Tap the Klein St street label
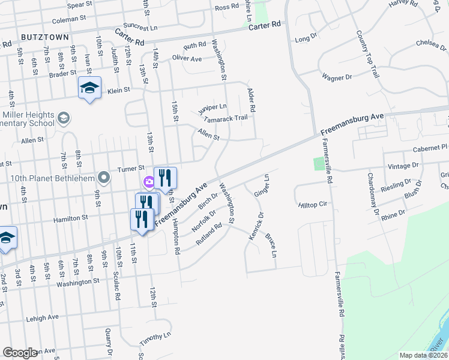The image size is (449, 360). tap(118, 90)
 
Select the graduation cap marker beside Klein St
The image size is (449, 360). tap(89, 88)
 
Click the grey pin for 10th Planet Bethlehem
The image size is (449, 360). tap(104, 177)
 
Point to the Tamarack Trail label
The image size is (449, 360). tap(226, 118)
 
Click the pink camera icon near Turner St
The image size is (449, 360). tap(148, 181)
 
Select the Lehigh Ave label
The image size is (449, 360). tap(42, 317)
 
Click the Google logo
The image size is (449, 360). tap(20, 353)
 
